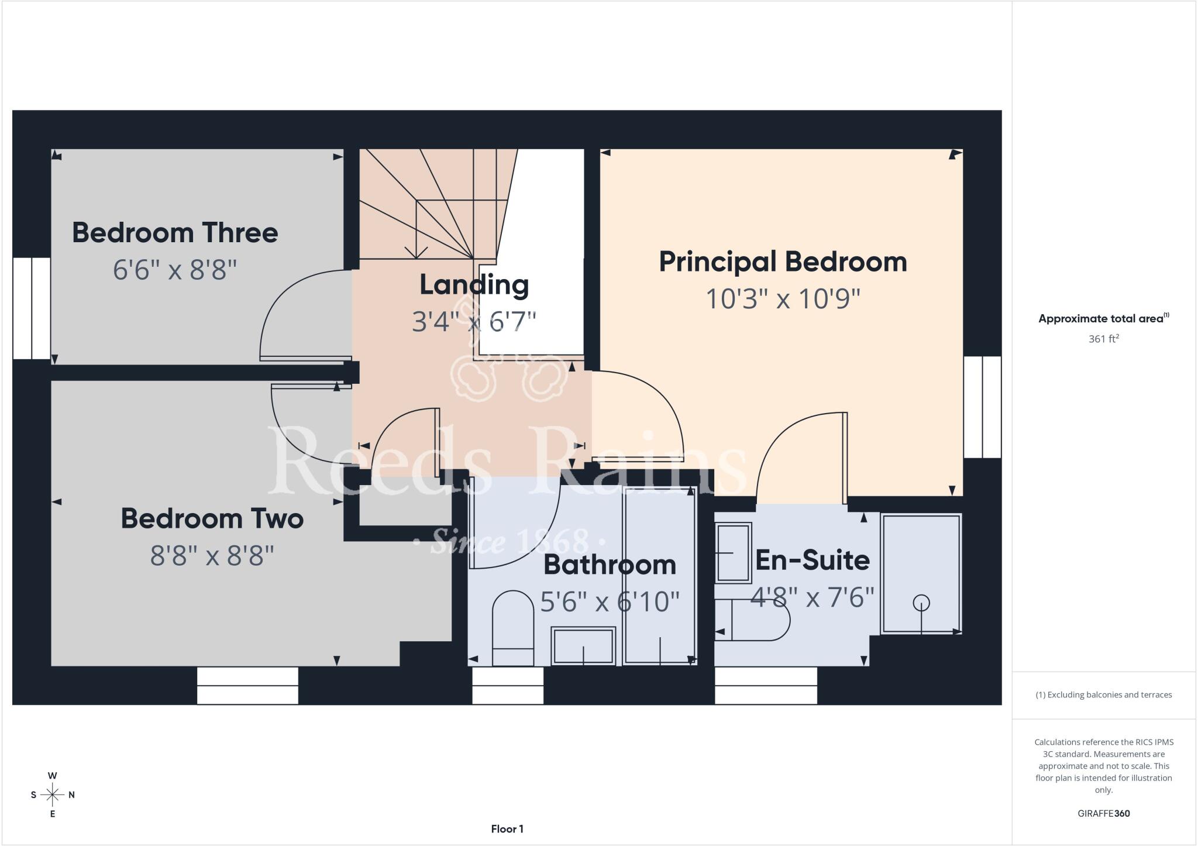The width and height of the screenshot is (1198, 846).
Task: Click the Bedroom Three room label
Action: [175, 233]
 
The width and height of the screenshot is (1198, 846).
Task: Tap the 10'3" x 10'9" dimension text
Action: [783, 299]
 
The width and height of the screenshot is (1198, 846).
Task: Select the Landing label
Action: [474, 285]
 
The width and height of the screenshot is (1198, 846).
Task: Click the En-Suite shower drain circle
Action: [921, 602]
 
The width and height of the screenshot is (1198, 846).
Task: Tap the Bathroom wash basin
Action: [583, 646]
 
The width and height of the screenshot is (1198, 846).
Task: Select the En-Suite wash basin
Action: [733, 552]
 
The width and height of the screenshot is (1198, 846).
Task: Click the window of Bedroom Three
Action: [31, 308]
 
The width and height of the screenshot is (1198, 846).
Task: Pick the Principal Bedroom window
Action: [982, 407]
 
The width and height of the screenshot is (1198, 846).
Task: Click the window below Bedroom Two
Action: [247, 686]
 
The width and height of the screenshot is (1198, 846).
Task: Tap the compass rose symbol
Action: [53, 795]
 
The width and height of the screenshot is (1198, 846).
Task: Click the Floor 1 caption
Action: [507, 829]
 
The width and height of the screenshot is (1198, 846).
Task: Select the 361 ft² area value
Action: [1103, 339]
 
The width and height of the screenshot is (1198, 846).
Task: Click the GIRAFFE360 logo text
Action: [1103, 813]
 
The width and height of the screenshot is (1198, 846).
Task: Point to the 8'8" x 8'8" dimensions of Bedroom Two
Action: [212, 555]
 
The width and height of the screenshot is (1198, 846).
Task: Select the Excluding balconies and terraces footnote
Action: [1103, 695]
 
